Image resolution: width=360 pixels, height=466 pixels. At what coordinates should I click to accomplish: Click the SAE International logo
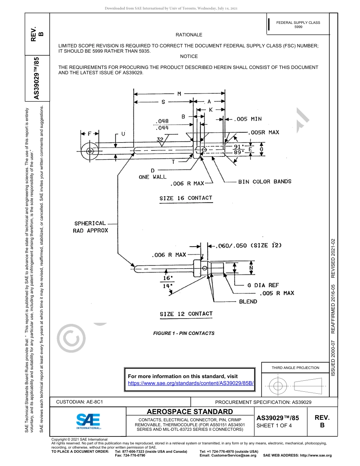point(88,421)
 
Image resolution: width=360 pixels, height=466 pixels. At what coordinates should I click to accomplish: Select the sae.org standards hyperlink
point(191,383)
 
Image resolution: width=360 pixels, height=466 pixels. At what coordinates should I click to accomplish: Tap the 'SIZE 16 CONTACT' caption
point(186,198)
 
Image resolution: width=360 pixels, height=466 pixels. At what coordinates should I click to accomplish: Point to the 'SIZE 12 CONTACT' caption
point(186,314)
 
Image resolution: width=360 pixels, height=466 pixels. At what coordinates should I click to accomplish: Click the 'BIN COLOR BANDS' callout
point(265,181)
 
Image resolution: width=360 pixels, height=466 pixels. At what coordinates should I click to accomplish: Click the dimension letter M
point(179,93)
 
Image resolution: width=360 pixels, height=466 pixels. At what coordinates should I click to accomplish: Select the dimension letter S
point(163,102)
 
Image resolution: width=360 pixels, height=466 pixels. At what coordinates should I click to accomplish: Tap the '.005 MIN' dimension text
point(249,119)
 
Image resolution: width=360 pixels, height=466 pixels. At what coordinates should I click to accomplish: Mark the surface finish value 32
point(160,139)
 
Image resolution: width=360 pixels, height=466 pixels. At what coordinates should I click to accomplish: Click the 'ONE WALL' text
point(152,177)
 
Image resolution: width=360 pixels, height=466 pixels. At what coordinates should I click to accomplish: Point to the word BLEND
point(248,302)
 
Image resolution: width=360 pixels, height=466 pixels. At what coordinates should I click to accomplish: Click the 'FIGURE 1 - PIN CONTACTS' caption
point(183,333)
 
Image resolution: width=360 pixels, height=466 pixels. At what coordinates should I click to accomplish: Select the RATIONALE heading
point(189,35)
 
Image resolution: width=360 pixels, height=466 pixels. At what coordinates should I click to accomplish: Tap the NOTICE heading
point(189,56)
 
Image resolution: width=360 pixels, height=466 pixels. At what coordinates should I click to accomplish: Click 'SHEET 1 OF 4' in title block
point(274,425)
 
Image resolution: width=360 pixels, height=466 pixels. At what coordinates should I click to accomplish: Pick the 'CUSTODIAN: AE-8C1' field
point(80,402)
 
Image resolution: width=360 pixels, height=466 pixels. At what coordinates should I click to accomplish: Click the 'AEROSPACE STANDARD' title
point(189,412)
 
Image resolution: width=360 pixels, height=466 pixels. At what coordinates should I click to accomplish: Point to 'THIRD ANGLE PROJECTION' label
point(295,367)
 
